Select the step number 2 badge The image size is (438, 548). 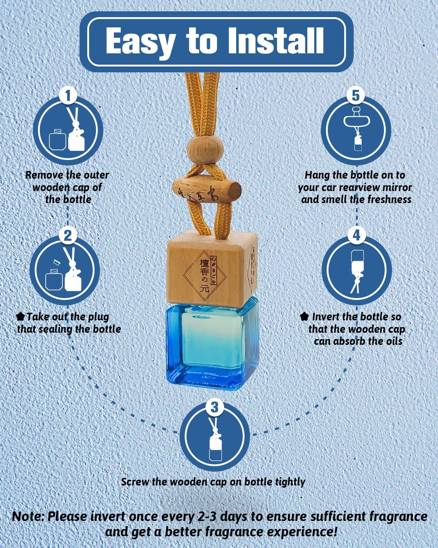(68, 236)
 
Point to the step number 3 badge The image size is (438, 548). (215, 407)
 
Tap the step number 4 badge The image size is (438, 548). (357, 235)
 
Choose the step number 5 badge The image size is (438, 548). (356, 96)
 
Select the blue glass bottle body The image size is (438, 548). (212, 344)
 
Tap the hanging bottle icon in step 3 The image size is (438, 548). (215, 439)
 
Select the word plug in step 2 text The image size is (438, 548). (98, 317)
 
